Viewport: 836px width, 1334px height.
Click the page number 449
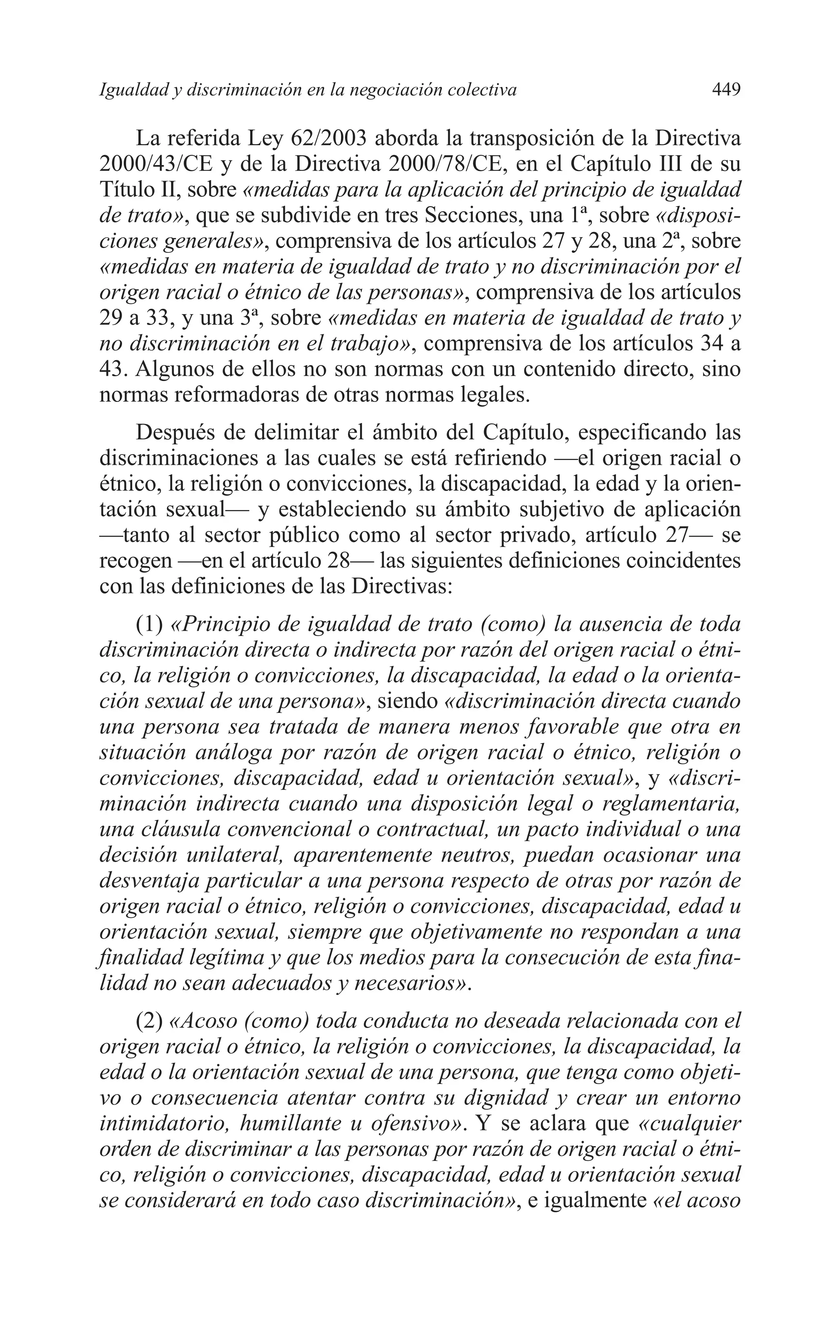coord(726,89)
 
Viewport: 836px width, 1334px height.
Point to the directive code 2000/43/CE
coord(152,164)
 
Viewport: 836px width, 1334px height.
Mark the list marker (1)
coord(149,625)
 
